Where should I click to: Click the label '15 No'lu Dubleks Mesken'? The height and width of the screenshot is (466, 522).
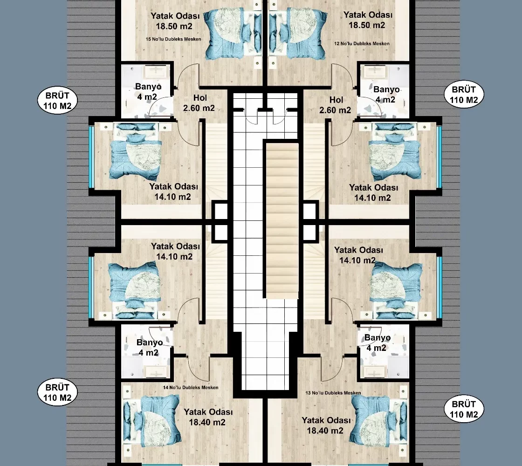coord(173,39)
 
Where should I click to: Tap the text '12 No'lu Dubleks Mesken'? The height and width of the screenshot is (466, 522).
coord(362,43)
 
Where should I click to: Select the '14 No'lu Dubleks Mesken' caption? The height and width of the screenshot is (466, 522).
coord(191,387)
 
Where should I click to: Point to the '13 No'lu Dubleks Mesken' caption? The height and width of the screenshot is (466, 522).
coord(333,393)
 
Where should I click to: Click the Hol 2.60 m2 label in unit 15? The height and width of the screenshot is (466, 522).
coord(199,103)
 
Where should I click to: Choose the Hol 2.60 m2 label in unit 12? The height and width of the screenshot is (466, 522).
coord(335,105)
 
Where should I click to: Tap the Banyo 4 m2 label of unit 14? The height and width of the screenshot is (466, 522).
coord(150,348)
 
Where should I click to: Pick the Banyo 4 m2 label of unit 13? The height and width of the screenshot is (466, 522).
coord(377,343)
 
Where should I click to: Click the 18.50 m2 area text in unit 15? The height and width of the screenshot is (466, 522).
coord(174,26)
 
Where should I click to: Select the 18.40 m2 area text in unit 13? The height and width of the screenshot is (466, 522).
coord(325,431)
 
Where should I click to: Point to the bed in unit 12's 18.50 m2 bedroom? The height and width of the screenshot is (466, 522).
coord(298,34)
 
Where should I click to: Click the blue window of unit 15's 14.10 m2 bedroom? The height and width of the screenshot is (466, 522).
coord(91,157)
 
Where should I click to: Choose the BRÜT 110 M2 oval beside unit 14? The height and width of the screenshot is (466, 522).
coord(57,392)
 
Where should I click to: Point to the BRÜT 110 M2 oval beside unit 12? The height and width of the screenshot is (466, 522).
coord(464,95)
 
